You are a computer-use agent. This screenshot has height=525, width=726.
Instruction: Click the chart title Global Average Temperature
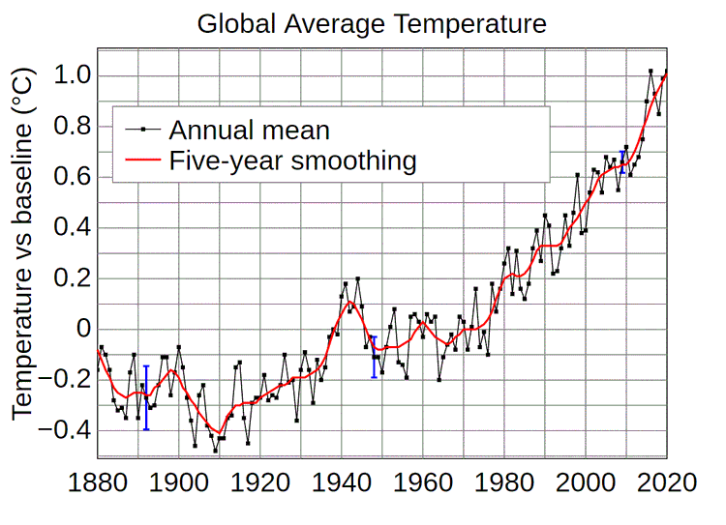pos(372,23)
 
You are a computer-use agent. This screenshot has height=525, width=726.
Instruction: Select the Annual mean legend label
pos(249,130)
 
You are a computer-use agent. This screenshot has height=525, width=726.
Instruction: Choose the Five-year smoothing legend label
pos(292,160)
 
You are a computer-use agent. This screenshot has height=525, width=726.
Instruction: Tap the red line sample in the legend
pos(140,160)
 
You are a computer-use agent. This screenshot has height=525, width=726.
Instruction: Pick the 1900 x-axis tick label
pos(179,480)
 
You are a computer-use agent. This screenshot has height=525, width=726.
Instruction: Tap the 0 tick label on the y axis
pos(83,330)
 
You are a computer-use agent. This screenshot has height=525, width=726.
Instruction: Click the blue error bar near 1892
pos(146,397)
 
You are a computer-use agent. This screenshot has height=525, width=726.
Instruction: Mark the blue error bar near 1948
pos(374,357)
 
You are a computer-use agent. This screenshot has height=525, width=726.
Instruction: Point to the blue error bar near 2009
pos(621,161)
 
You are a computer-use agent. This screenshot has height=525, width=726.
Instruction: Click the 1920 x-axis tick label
pos(260,480)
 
